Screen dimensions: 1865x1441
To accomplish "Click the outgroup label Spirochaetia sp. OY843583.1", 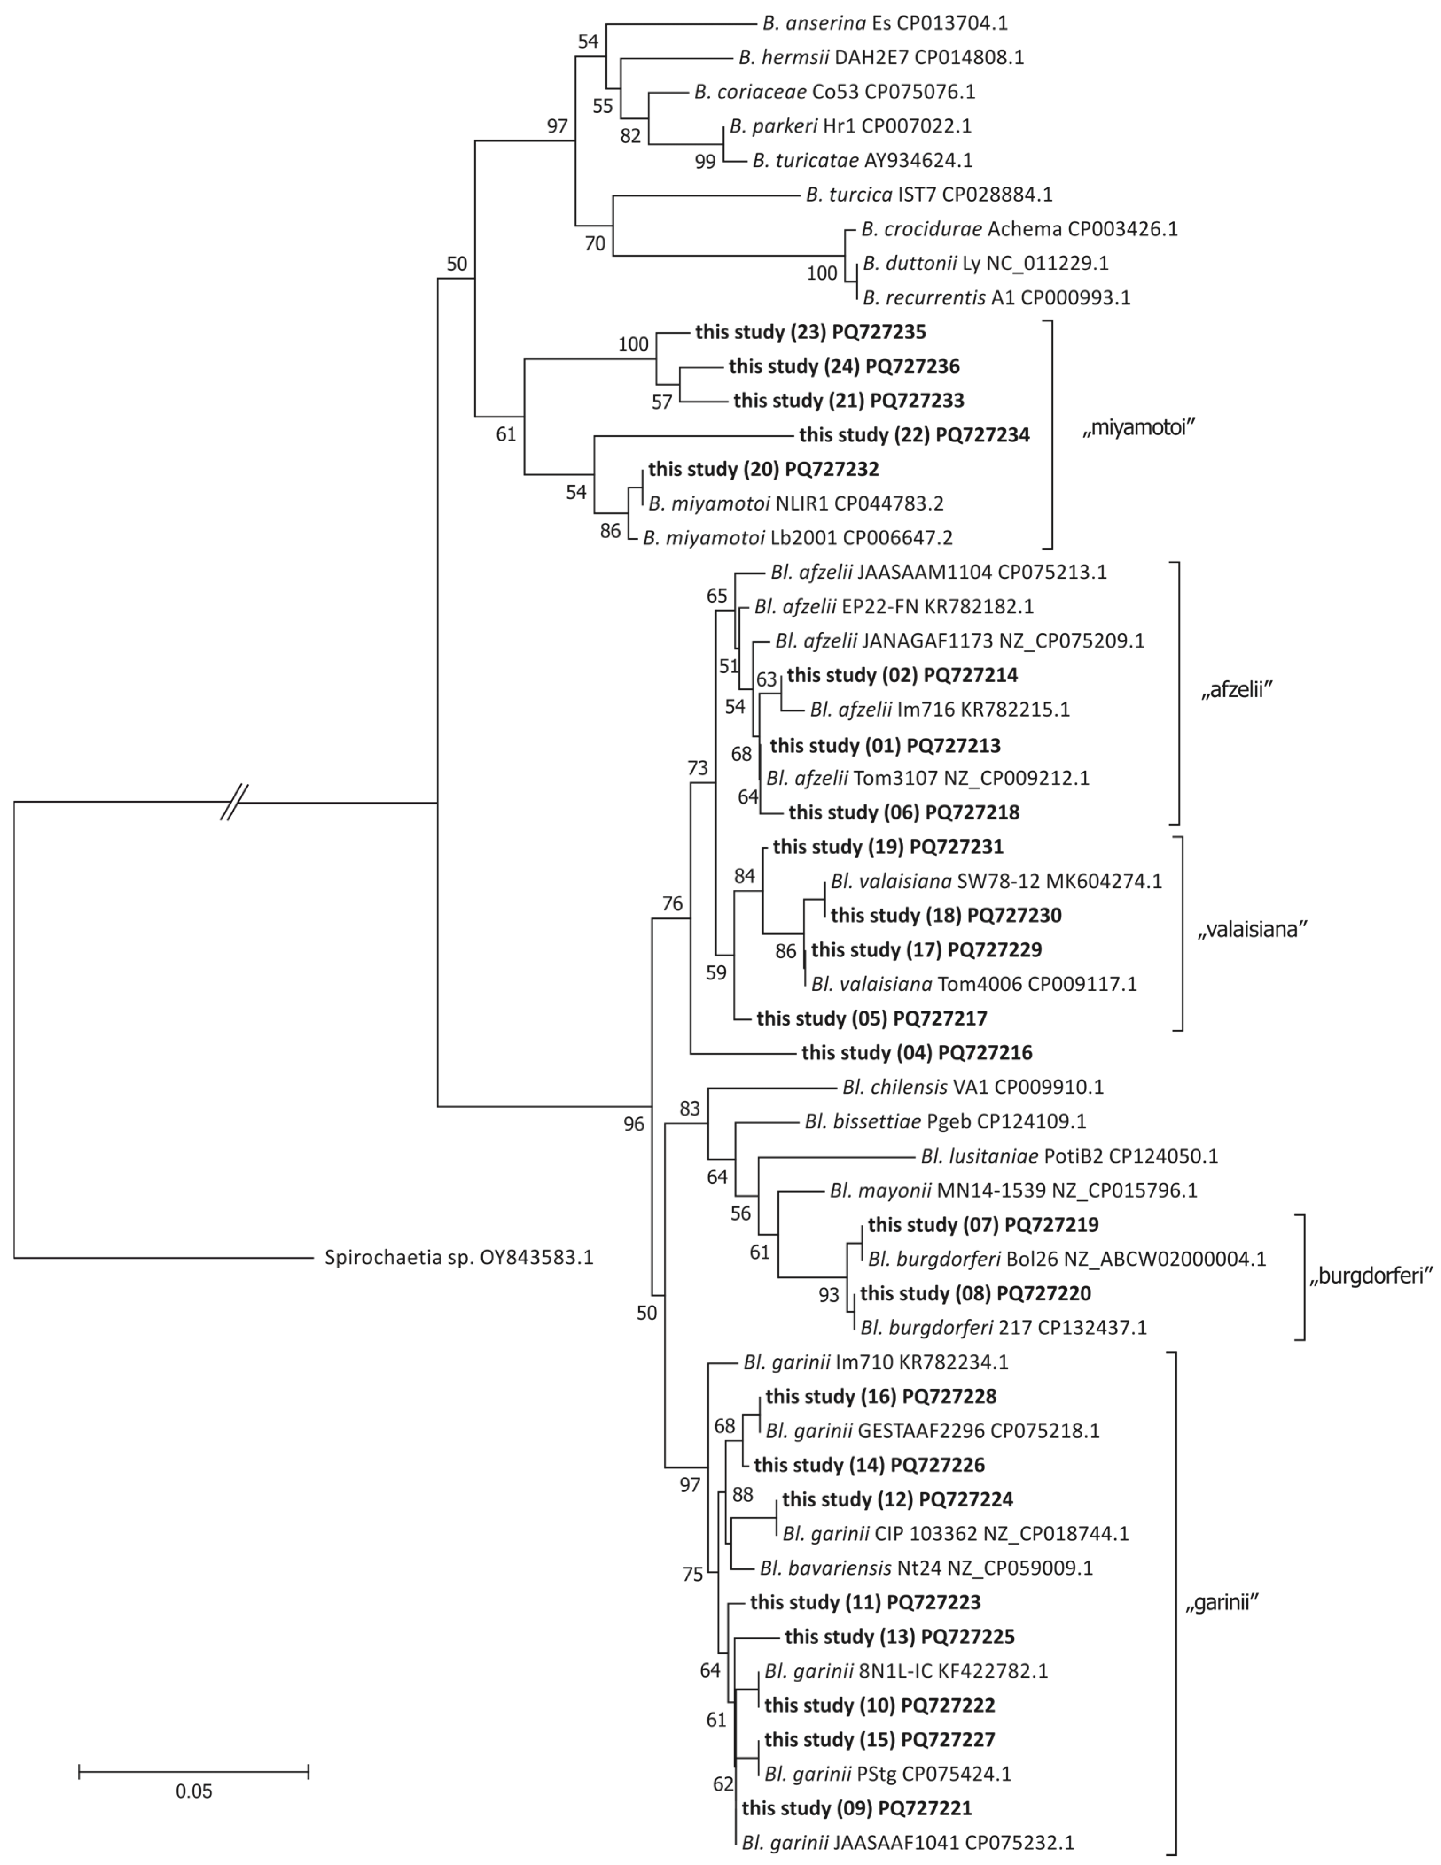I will click(459, 1258).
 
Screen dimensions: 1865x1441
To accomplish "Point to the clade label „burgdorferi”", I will click(1370, 1276).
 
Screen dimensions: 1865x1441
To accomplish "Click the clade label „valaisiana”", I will click(1252, 930).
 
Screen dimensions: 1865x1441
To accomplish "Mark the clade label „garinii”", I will click(1222, 1604).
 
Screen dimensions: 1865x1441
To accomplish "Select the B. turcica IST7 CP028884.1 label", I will click(929, 195).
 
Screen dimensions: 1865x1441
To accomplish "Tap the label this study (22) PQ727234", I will click(914, 435).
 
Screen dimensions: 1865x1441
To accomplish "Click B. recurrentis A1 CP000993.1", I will click(996, 297).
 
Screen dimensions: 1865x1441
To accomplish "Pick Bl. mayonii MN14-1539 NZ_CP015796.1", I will click(1013, 1190).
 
